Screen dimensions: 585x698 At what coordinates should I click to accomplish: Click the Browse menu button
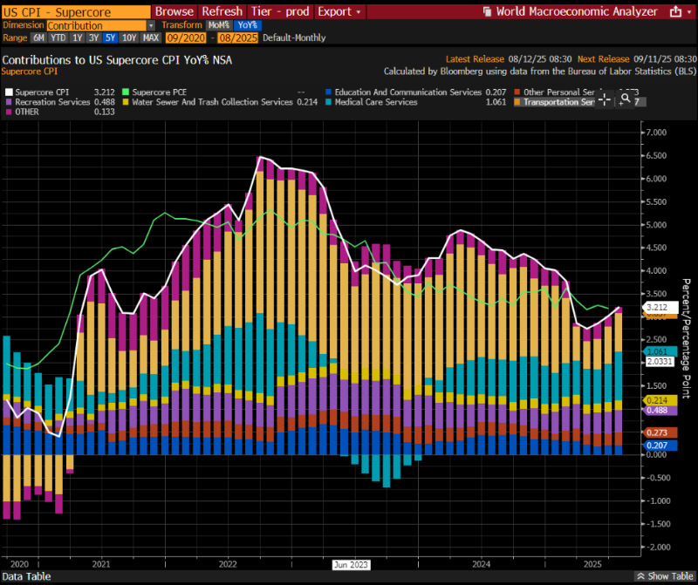174,12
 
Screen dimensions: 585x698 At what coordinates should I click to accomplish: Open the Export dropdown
339,12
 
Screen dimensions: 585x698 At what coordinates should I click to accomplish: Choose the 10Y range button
128,38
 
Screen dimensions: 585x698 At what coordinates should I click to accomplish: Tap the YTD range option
58,38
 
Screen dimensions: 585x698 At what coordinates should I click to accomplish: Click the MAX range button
150,38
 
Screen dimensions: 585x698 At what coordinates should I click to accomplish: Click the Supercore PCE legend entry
161,92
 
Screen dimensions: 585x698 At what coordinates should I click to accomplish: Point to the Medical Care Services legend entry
370,102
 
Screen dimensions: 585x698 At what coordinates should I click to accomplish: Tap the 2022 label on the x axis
229,564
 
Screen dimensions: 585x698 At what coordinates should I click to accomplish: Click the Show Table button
665,577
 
